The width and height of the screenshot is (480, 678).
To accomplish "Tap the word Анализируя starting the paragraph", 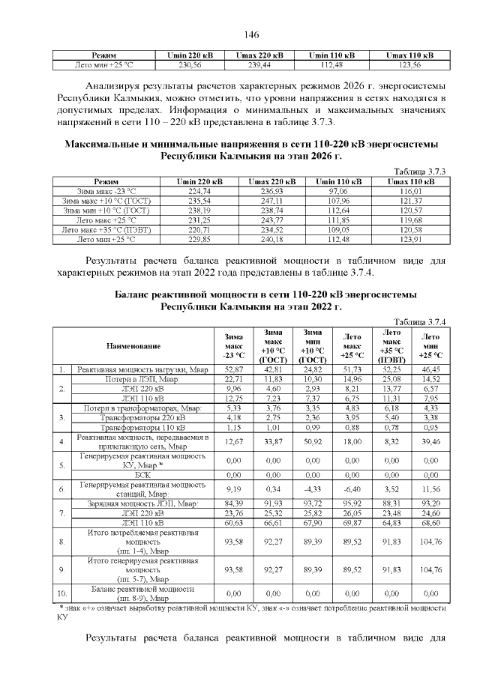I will click(118, 85).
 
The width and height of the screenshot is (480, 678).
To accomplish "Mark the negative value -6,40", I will click(352, 489).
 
